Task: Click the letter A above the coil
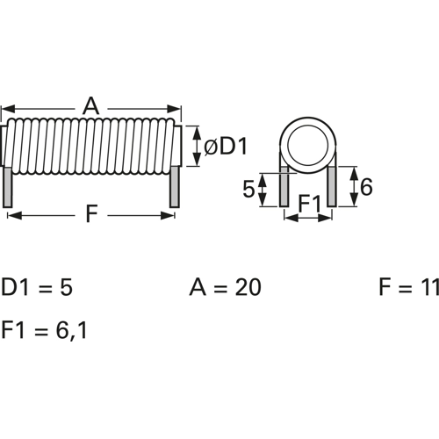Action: [90, 106]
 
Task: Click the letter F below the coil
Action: [90, 214]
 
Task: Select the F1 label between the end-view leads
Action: [307, 205]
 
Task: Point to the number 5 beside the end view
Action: [248, 189]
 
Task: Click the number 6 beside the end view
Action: [366, 187]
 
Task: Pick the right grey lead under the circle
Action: [331, 186]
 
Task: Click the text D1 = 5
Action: [36, 288]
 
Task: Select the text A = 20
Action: [225, 288]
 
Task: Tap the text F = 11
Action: [407, 288]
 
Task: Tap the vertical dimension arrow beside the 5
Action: [263, 189]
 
